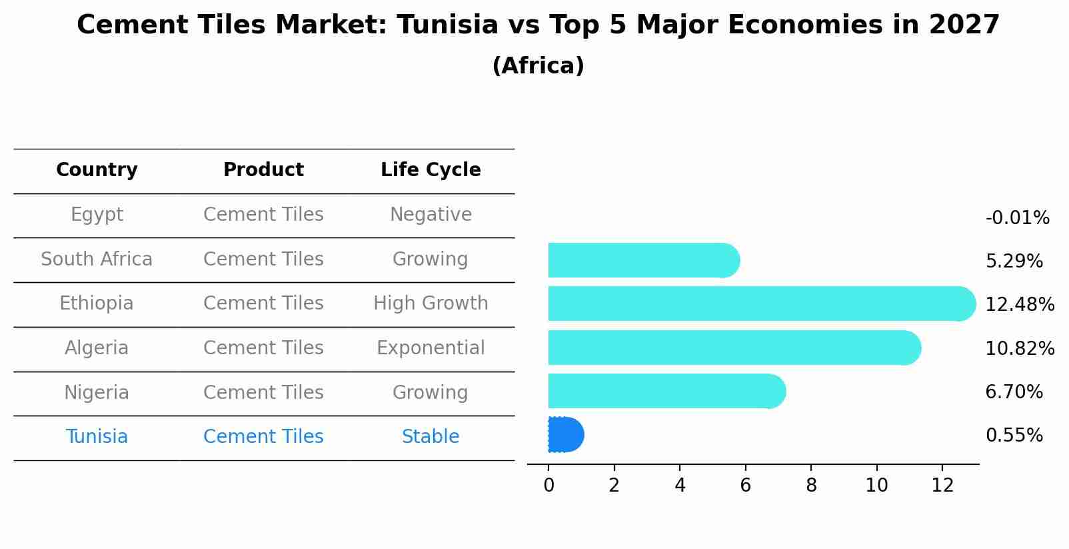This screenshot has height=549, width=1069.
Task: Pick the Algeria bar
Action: [x=733, y=348]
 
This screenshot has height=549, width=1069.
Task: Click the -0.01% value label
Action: [x=1017, y=218]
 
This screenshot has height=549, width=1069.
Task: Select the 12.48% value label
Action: [x=1020, y=304]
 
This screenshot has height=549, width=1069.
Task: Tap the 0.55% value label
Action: [x=1014, y=436]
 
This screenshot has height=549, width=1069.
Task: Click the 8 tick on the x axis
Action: [x=811, y=486]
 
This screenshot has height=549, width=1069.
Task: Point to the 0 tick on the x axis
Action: [x=548, y=486]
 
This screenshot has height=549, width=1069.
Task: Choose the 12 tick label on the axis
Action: [x=942, y=486]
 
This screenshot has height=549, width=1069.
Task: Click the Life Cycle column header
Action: [x=431, y=170]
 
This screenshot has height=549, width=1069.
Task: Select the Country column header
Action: [x=97, y=170]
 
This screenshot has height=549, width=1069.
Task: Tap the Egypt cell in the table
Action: [x=97, y=215]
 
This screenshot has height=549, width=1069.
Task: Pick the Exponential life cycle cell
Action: [x=431, y=348]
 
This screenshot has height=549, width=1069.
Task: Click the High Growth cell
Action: [x=431, y=304]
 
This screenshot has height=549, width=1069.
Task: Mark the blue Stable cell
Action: [x=431, y=437]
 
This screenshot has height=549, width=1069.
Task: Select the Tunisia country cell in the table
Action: [x=97, y=437]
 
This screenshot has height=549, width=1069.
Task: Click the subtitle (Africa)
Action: [x=538, y=66]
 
